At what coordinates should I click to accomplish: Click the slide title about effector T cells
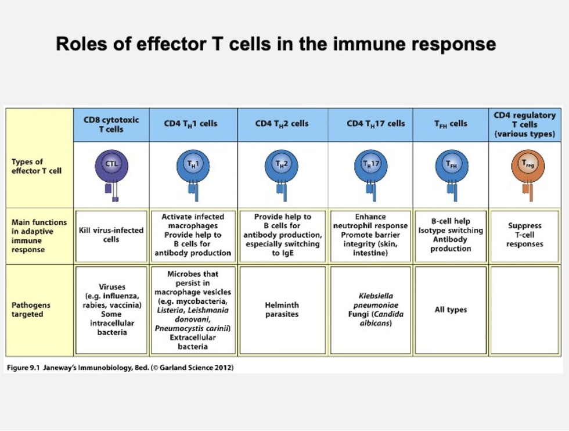tap(276, 44)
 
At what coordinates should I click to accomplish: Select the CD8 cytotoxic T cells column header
tap(111, 124)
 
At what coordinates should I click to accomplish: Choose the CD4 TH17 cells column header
tap(372, 124)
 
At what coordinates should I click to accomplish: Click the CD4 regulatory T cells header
tap(524, 124)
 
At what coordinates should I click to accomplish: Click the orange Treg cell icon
tap(524, 166)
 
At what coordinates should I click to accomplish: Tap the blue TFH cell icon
tap(451, 166)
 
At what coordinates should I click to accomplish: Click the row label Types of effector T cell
tap(35, 166)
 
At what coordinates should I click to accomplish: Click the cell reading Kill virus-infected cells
tap(111, 235)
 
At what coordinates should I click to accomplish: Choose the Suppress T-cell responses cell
tap(524, 235)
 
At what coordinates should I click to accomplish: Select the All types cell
tap(451, 310)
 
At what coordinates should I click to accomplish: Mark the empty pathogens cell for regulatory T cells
tap(524, 310)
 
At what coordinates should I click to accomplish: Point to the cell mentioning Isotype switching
tap(451, 235)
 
